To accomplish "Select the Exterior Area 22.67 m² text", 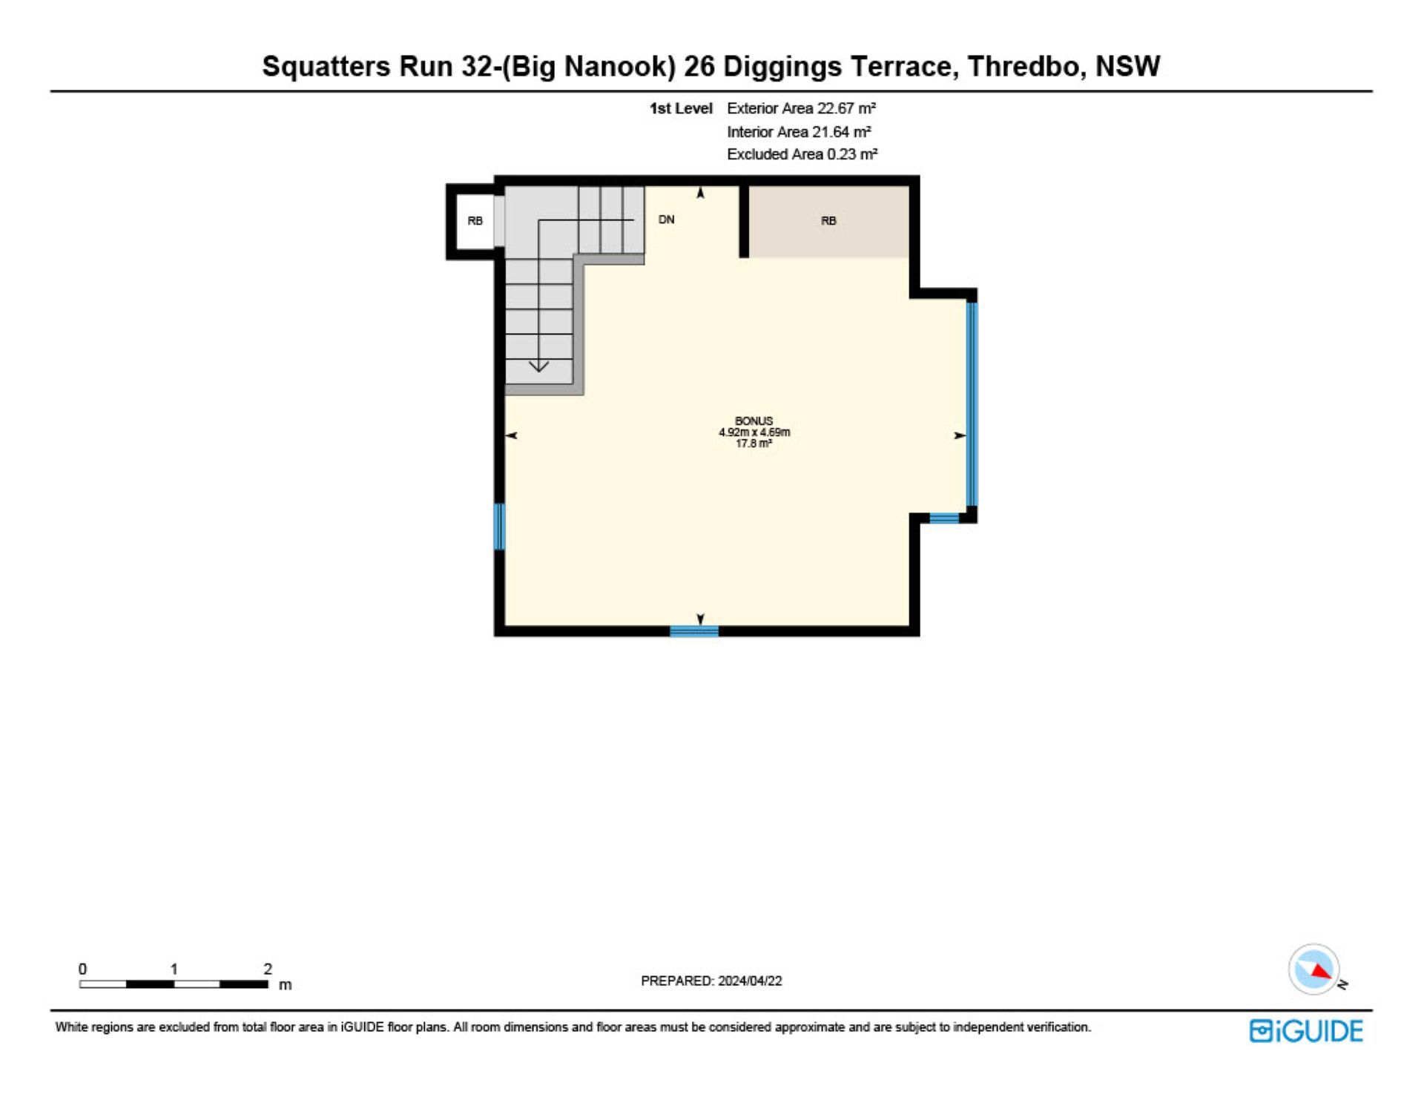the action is pyautogui.click(x=802, y=108).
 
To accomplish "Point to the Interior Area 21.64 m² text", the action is pyautogui.click(x=799, y=132).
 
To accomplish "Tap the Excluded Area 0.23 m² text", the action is pyautogui.click(x=802, y=154).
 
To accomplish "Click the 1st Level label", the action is pyautogui.click(x=681, y=108).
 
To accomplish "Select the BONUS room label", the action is pyautogui.click(x=754, y=421).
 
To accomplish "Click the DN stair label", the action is pyautogui.click(x=667, y=220).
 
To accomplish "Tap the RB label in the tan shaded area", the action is pyautogui.click(x=828, y=220).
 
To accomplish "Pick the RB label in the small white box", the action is pyautogui.click(x=475, y=220).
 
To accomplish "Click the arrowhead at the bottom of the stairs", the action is pyautogui.click(x=538, y=366).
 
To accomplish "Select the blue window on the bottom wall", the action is pyautogui.click(x=694, y=631).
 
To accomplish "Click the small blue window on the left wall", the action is pyautogui.click(x=499, y=527).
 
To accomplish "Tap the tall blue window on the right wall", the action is pyautogui.click(x=972, y=404).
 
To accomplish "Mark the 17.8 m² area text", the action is pyautogui.click(x=754, y=444).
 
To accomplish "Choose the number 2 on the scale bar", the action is pyautogui.click(x=268, y=969).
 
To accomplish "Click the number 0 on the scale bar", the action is pyautogui.click(x=82, y=969).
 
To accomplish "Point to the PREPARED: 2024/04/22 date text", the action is pyautogui.click(x=711, y=981).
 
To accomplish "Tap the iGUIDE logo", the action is pyautogui.click(x=1306, y=1031).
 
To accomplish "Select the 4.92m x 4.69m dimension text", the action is pyautogui.click(x=754, y=432).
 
